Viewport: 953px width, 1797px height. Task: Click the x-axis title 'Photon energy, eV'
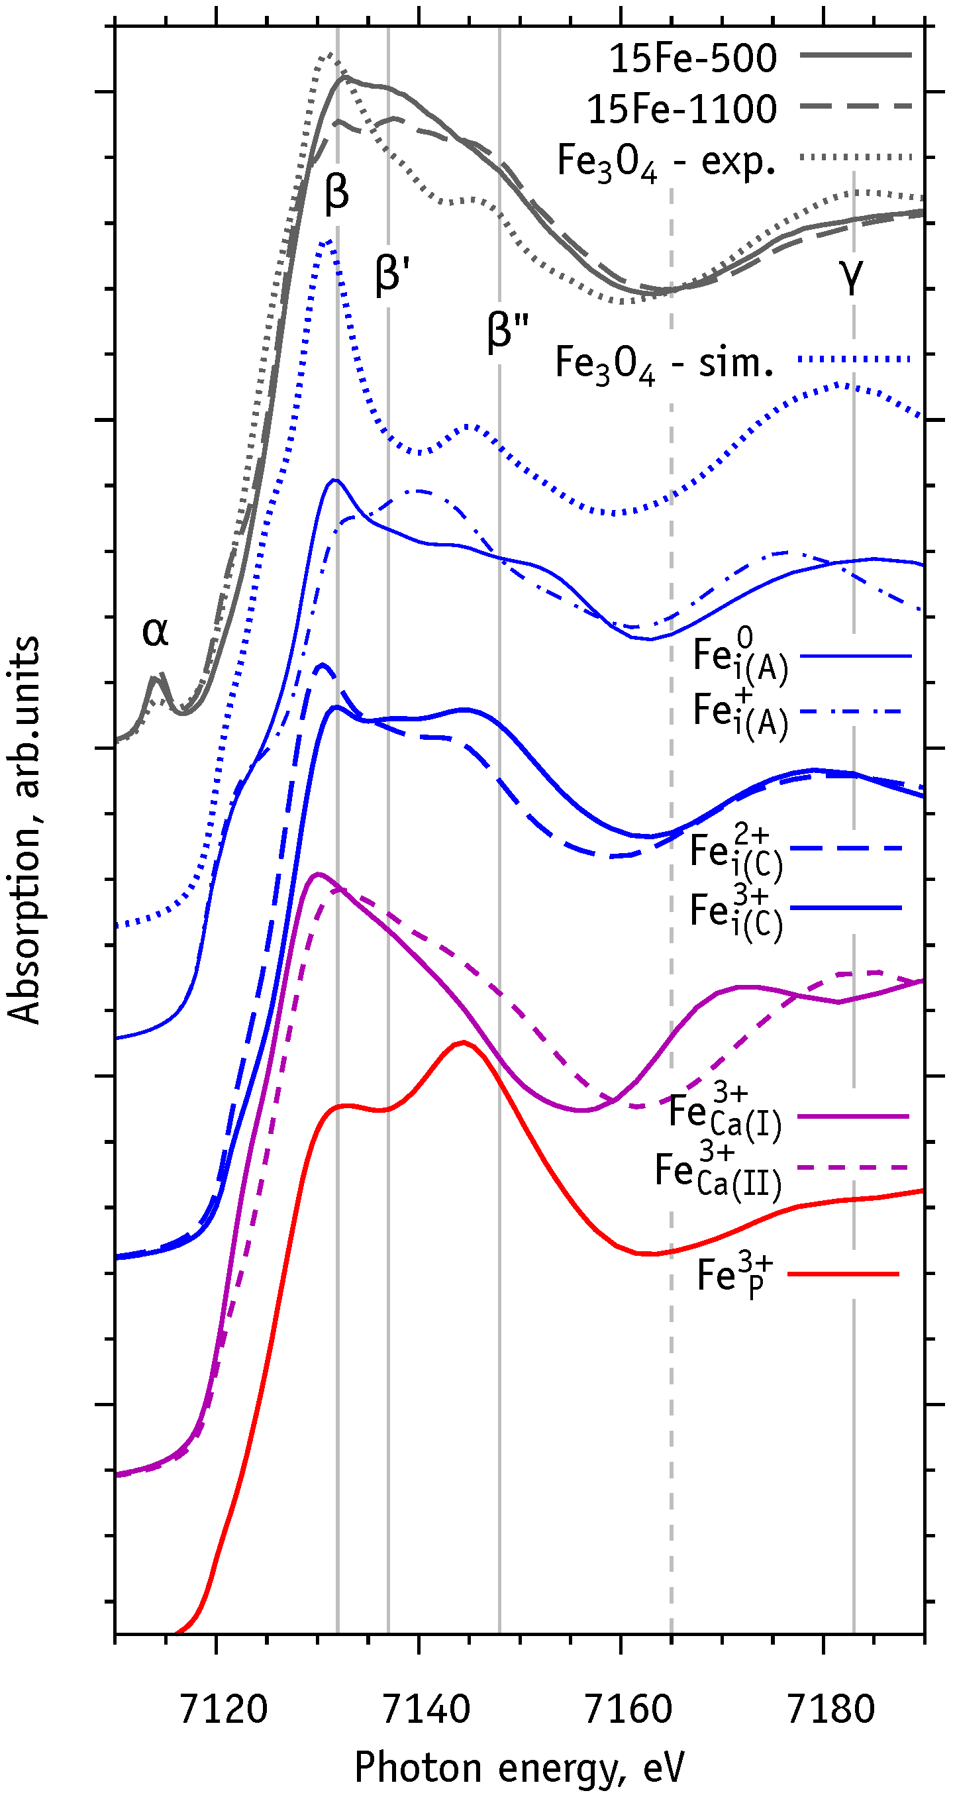(519, 1768)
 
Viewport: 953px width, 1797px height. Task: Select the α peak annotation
(155, 631)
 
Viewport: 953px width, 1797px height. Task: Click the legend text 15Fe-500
(693, 58)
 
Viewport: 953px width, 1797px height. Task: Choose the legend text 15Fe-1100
(681, 109)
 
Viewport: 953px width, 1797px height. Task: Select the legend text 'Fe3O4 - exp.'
(666, 162)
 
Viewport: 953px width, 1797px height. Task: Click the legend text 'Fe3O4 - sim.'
(664, 364)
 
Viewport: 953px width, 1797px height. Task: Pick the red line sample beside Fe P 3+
(843, 1274)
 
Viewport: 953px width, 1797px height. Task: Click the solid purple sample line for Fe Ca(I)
(852, 1117)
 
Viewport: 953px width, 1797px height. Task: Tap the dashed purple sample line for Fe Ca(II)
(852, 1167)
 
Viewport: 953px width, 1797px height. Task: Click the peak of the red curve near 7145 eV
(463, 1042)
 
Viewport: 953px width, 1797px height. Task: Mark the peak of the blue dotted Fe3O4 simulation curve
(326, 240)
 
